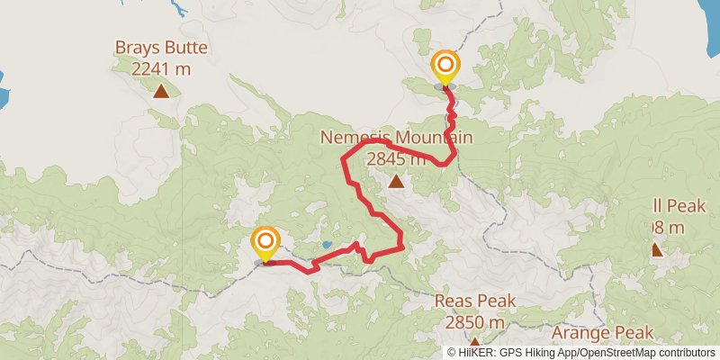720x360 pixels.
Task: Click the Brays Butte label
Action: (160, 47)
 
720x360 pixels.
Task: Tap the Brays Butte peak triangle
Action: (160, 90)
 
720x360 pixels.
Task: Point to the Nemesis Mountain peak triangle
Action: (396, 182)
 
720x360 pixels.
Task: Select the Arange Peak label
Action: (602, 333)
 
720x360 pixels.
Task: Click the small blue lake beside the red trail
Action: (325, 245)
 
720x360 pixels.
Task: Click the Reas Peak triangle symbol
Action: (474, 343)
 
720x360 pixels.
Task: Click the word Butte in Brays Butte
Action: (186, 47)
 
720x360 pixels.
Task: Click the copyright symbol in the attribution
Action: (452, 352)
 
